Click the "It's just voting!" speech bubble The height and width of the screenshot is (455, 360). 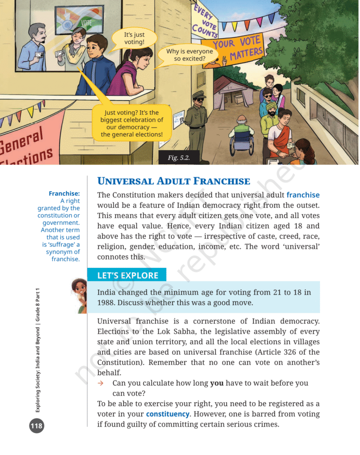tap(134, 38)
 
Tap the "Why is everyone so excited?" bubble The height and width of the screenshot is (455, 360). tap(190, 55)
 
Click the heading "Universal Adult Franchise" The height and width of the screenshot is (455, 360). tap(174, 181)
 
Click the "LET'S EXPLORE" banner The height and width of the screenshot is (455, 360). tap(128, 275)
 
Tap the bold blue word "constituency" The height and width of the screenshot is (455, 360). tap(168, 414)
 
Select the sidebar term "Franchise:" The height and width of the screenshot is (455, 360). tap(64, 193)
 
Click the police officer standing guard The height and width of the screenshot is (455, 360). tap(196, 117)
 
